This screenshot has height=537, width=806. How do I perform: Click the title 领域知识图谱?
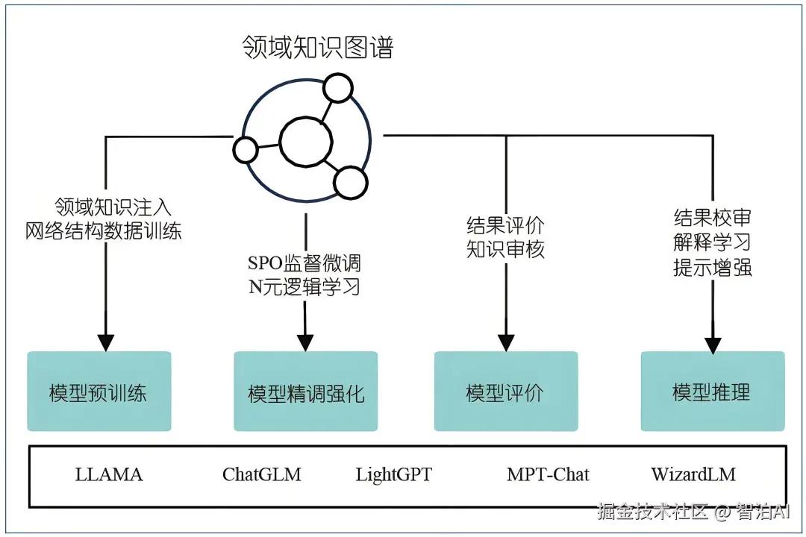pyautogui.click(x=318, y=46)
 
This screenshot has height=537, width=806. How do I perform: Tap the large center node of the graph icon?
pyautogui.click(x=306, y=141)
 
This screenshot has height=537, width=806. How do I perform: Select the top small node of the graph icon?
pyautogui.click(x=338, y=89)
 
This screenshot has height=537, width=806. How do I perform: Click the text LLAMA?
pyautogui.click(x=109, y=474)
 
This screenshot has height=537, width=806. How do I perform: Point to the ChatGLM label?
pyautogui.click(x=262, y=474)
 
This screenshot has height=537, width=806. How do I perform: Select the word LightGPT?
pyautogui.click(x=393, y=474)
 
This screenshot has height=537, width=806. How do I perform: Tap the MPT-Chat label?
pyautogui.click(x=548, y=474)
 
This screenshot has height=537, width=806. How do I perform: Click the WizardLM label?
pyautogui.click(x=693, y=474)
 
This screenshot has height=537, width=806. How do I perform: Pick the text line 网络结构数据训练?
pyautogui.click(x=104, y=230)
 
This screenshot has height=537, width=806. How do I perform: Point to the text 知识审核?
pyautogui.click(x=505, y=249)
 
